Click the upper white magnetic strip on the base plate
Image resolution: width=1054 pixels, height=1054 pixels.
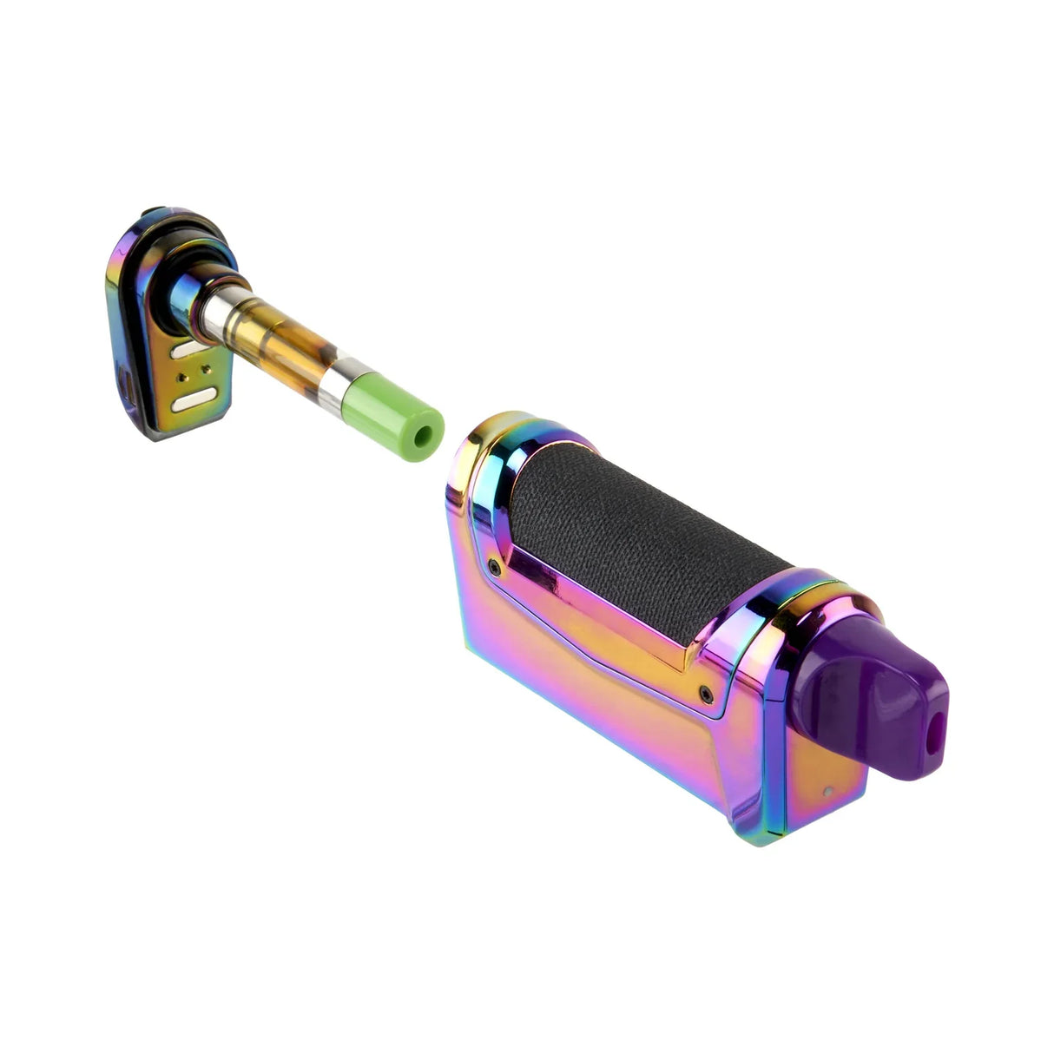pos(188,349)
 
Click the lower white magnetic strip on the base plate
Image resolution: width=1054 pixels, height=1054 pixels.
pos(193,401)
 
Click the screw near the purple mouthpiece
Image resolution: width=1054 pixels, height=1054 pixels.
pos(706,694)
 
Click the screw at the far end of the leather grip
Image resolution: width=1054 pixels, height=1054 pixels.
pos(494,565)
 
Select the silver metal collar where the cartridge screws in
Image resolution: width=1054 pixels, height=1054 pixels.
pos(221,308)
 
